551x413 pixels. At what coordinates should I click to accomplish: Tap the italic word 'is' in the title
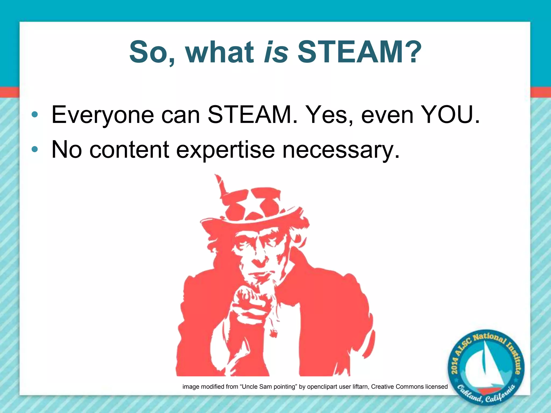tap(276, 52)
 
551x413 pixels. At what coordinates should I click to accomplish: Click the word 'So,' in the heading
tap(152, 52)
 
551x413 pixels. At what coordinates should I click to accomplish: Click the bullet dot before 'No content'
tap(35, 149)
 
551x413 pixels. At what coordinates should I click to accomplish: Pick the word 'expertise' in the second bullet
tap(225, 150)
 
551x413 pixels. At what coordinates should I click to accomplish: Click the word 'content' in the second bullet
tap(129, 149)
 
